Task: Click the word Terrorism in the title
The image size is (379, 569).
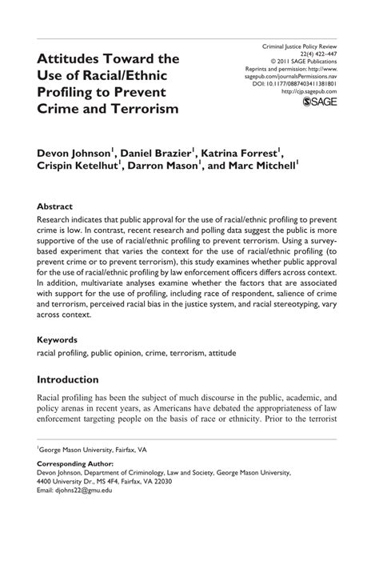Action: point(142,107)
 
